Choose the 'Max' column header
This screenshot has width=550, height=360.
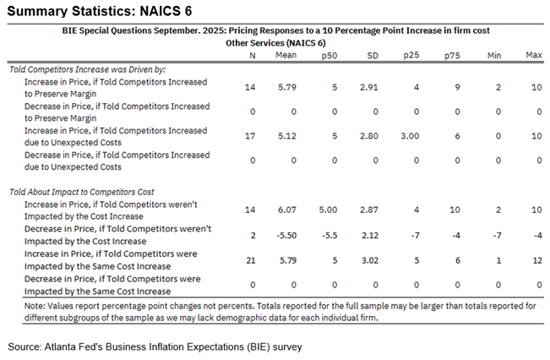(533, 55)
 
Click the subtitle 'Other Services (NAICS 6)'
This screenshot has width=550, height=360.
(275, 41)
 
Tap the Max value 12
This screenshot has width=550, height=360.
(533, 258)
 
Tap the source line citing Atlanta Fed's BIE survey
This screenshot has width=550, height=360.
(155, 346)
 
